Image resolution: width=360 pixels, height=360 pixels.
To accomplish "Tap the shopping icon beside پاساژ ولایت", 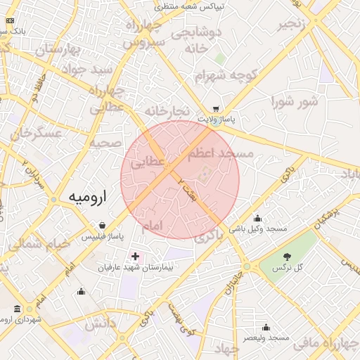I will pos(216,109).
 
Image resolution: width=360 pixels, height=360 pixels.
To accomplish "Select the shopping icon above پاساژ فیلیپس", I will pos(103,226).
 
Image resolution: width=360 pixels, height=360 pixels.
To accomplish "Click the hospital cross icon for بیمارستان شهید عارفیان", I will pos(135,257).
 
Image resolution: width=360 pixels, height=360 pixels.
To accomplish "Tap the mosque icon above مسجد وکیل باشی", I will pos(258,218).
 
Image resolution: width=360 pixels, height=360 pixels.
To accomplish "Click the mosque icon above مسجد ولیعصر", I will pos(266,327).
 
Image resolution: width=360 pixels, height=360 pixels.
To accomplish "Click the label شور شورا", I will pos(295,102).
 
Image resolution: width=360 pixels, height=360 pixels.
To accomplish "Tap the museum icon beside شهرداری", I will pos(17,309).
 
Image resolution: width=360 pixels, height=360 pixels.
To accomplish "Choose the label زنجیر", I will pos(295,25).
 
